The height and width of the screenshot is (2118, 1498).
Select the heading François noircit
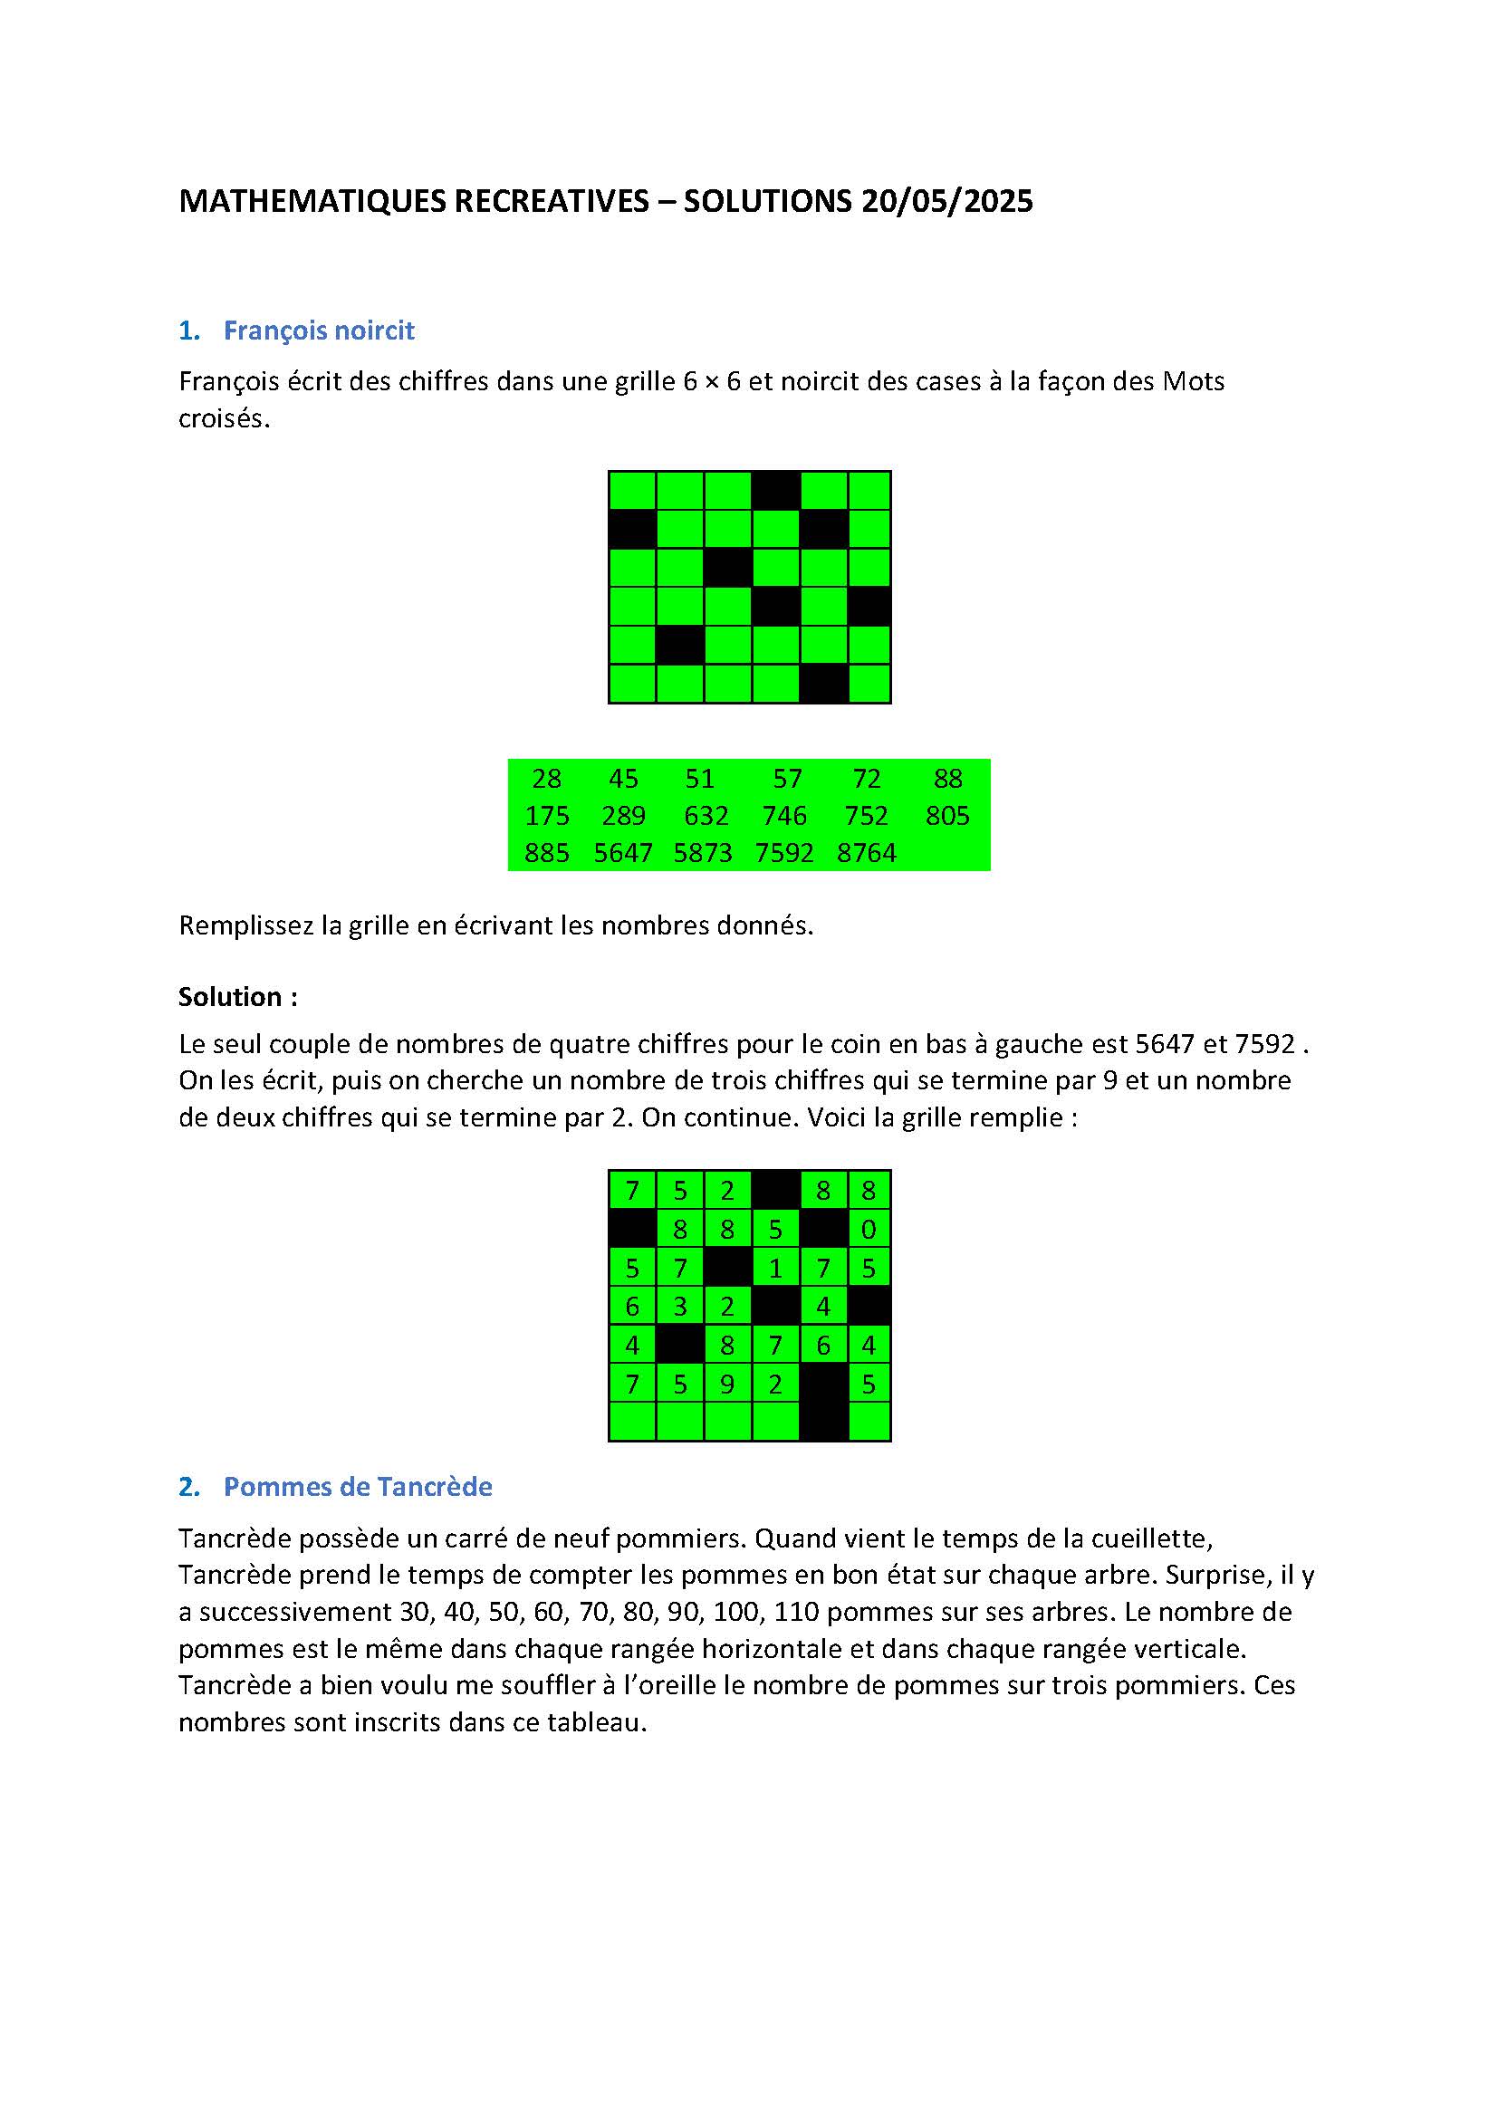tap(318, 331)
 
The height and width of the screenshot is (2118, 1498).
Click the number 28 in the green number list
tap(546, 779)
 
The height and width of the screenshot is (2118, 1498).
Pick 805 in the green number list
tap(947, 816)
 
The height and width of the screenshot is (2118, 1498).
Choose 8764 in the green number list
tap(866, 852)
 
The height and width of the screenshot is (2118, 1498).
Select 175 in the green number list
tap(546, 816)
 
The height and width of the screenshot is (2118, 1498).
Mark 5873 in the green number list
tap(702, 852)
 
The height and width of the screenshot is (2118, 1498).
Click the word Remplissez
tap(246, 925)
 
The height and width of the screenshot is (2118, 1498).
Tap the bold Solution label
tap(237, 996)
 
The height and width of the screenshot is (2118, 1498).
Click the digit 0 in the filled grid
tap(868, 1230)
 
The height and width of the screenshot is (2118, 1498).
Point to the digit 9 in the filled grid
tap(727, 1385)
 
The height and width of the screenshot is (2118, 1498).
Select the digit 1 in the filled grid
tap(775, 1269)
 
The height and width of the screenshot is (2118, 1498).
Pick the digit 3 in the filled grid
tap(680, 1308)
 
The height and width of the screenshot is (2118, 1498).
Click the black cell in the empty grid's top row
tap(775, 490)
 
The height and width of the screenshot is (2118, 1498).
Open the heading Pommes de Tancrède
tap(357, 1486)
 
